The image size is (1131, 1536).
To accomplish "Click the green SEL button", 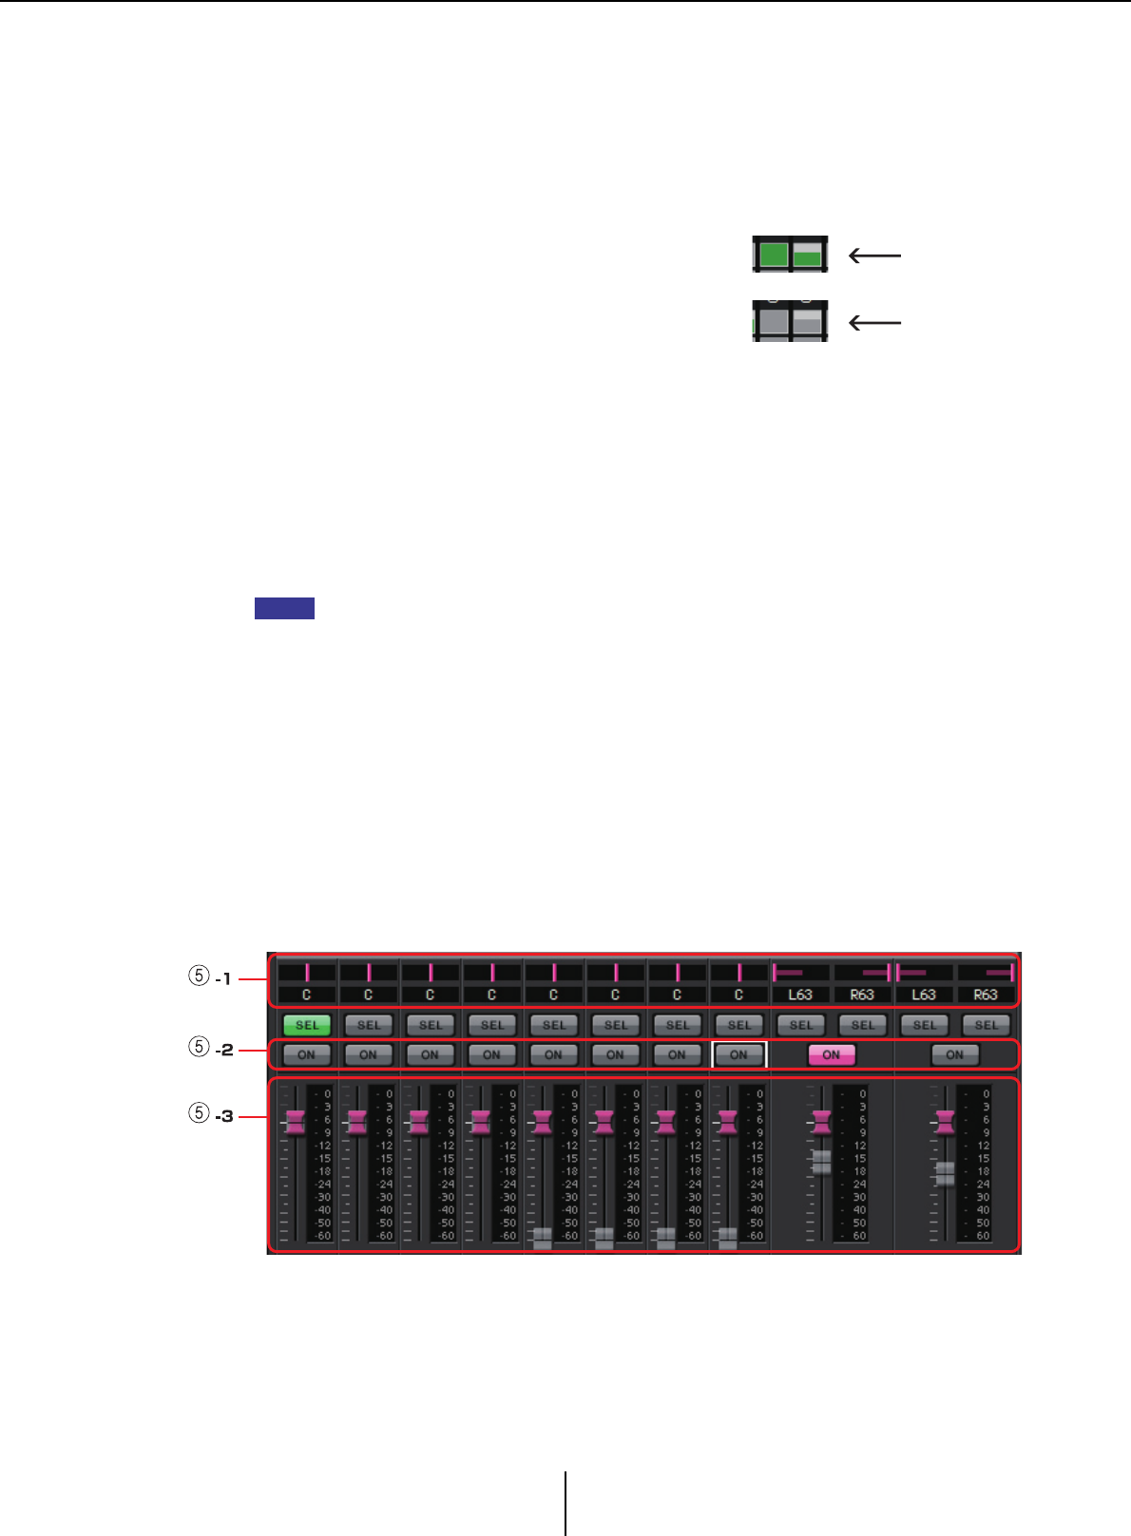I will [307, 1025].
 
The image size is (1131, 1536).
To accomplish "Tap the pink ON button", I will [832, 1054].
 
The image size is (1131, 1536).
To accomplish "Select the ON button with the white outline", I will [738, 1054].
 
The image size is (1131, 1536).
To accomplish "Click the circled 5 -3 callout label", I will [210, 1115].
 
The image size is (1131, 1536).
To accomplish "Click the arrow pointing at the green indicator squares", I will [873, 255].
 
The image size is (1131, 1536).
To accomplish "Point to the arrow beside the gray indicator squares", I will [873, 323].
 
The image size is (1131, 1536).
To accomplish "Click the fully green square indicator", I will [774, 255].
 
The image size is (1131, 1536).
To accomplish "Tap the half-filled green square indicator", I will [808, 255].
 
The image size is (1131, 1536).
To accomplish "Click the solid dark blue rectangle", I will [284, 609].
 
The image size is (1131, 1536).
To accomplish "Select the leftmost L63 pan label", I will [801, 995].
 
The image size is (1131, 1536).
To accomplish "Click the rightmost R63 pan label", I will [986, 995].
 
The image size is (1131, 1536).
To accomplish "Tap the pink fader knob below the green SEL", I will [295, 1122].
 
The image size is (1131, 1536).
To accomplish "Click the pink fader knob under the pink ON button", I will [820, 1122].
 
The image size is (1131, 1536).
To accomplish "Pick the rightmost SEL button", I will [986, 1025].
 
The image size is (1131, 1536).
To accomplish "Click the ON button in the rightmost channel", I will [954, 1054].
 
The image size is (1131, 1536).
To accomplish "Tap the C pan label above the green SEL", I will [307, 995].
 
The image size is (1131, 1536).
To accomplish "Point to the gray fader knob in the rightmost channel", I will [945, 1173].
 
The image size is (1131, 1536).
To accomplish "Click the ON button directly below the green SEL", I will [307, 1054].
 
